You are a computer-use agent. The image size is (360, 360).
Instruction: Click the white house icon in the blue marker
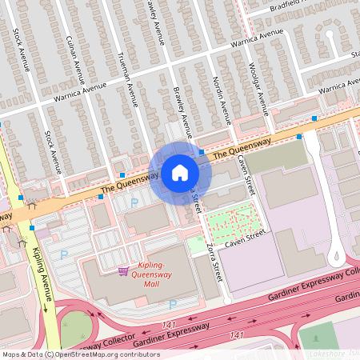click(x=180, y=172)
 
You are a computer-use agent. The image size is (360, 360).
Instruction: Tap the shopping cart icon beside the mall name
click(x=123, y=271)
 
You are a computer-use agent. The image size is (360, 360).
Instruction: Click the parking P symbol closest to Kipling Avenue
click(x=64, y=254)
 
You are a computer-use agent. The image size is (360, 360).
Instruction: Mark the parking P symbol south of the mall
click(x=172, y=304)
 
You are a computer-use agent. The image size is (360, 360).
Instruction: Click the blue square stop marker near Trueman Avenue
click(x=122, y=174)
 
